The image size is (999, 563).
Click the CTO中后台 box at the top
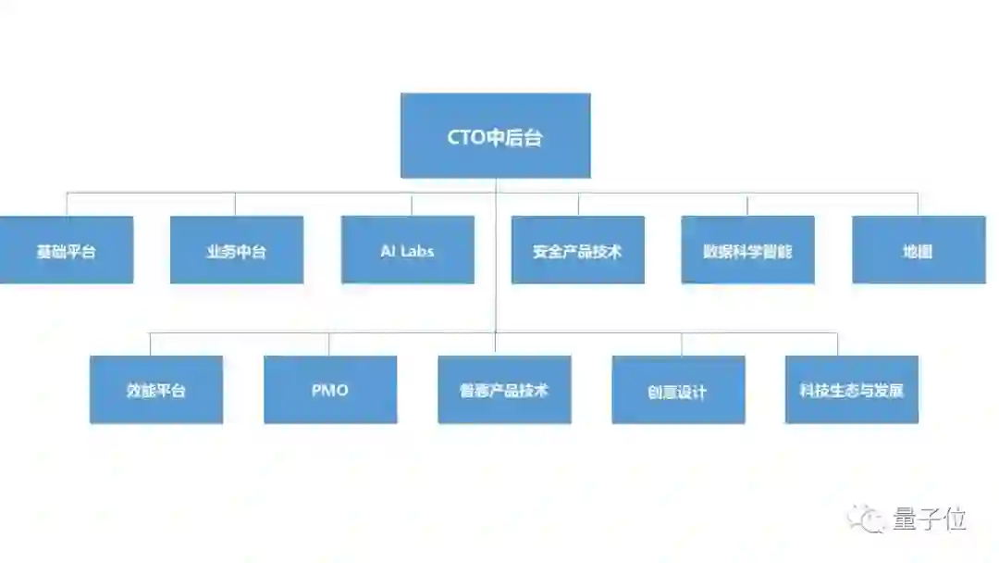[x=495, y=135]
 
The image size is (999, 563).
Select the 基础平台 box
[x=66, y=250]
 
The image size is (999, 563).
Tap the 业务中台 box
[x=236, y=250]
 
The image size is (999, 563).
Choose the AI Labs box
[x=407, y=250]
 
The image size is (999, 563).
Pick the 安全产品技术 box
[x=577, y=250]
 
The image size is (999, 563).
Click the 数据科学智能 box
[x=747, y=250]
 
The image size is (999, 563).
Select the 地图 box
[x=918, y=250]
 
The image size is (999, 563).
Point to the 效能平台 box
[x=155, y=390]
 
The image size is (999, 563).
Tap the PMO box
[x=330, y=390]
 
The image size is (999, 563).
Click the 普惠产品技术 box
[x=504, y=390]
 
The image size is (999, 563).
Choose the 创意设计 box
[x=678, y=390]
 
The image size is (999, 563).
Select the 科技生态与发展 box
[x=851, y=390]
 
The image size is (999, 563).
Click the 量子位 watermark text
[x=930, y=519]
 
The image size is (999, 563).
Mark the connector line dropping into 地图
[x=918, y=205]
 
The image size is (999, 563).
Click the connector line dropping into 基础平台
[x=67, y=205]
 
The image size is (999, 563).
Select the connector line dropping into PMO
[x=328, y=344]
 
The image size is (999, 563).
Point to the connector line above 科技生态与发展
[x=837, y=344]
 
